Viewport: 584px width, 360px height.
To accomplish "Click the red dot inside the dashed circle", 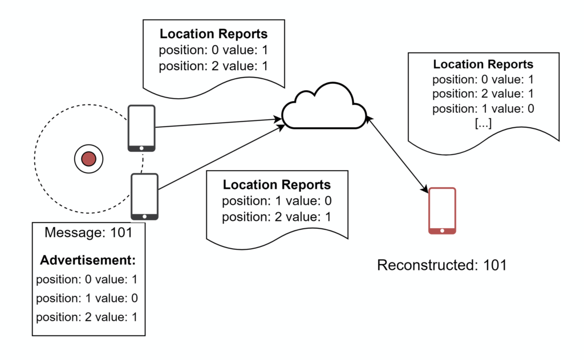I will pos(88,158).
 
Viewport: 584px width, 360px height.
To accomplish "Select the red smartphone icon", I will pos(442,211).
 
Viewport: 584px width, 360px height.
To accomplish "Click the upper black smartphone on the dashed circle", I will pos(141,128).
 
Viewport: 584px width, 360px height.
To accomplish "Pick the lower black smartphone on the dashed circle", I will pos(144,197).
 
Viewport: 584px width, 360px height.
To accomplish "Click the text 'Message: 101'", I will pos(88,233).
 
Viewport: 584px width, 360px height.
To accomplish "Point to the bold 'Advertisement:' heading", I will pos(88,260).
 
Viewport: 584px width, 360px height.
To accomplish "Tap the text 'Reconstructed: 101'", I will pos(442,265).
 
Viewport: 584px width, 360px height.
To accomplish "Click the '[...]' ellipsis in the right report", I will pos(483,123).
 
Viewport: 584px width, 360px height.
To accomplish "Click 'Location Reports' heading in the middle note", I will pos(277,185).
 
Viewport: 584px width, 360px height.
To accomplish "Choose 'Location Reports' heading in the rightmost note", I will pos(483,64).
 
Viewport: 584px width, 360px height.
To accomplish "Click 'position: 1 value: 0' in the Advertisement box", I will pos(87,298).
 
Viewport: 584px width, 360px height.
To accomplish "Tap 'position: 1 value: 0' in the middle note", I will pos(277,201).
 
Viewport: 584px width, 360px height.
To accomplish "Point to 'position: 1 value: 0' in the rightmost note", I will pos(483,109).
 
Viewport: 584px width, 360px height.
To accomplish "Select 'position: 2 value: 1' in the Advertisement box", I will pos(87,317).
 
